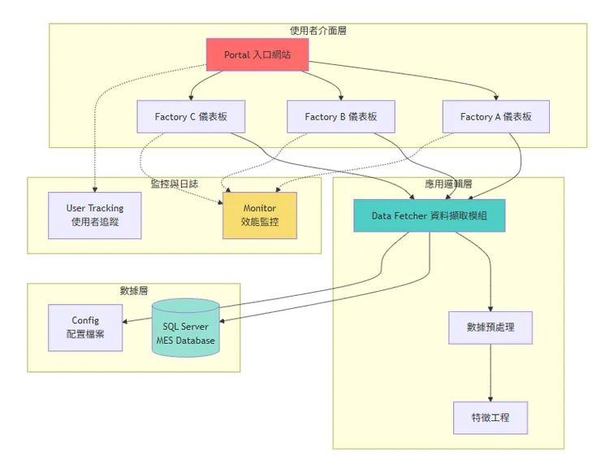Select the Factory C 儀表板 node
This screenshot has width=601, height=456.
point(191,117)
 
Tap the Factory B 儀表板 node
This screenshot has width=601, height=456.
point(341,117)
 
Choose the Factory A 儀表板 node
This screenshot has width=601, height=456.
point(495,117)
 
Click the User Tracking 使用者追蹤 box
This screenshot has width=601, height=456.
point(94,215)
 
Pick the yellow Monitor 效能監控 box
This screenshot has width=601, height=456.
point(260,215)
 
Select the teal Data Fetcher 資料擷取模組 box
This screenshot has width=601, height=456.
point(429,215)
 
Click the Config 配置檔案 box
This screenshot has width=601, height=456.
point(85,328)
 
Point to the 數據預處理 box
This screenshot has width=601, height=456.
point(491,328)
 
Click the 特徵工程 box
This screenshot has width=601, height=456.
point(491,417)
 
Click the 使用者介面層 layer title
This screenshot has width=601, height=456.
point(318,30)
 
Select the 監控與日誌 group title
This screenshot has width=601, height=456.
point(174,185)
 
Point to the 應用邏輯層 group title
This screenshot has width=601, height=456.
point(448,185)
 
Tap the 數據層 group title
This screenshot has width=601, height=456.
point(134,290)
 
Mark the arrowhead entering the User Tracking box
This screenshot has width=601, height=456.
point(95,189)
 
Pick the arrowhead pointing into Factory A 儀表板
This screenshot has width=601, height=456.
point(496,97)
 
